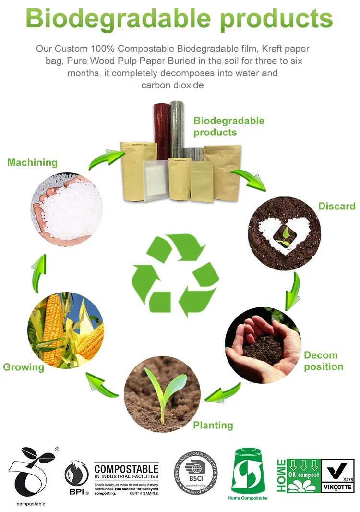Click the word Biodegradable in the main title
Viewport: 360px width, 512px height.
coord(118,18)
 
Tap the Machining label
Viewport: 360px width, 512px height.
coord(32,162)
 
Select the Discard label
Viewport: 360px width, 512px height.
coord(337,206)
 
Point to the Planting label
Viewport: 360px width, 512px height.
coord(213,425)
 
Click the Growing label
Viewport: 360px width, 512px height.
coord(24,367)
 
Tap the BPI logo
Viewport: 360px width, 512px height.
coord(77,478)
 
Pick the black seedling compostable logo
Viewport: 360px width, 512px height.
coord(31,473)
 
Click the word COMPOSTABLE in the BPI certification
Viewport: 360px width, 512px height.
coord(126,469)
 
